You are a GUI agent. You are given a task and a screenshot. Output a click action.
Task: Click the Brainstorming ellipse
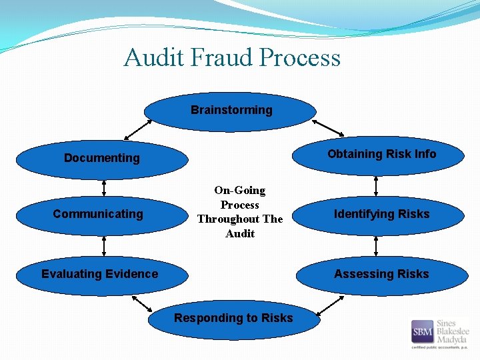231,111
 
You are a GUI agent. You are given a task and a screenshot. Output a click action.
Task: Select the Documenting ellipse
101,159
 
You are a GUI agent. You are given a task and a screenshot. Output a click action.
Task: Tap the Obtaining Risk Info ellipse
381,155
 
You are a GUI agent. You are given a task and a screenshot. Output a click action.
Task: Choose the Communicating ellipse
98,214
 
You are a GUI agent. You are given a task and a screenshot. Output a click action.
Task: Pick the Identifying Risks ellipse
381,214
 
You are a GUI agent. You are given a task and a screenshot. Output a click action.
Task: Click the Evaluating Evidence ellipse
100,274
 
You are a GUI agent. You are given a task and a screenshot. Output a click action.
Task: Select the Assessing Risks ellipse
381,274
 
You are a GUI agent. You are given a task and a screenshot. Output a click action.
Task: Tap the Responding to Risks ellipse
233,319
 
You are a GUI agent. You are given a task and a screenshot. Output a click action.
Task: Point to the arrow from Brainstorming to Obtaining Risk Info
327,127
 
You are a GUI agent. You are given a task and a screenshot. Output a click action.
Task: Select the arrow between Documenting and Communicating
104,187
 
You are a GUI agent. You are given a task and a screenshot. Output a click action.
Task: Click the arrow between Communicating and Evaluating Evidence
104,245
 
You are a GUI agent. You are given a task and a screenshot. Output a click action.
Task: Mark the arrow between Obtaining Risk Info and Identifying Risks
376,185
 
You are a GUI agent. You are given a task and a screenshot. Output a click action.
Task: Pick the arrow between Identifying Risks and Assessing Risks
376,245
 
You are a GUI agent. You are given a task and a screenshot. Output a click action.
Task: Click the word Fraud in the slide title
222,58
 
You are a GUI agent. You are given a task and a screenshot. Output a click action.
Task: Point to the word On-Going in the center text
240,191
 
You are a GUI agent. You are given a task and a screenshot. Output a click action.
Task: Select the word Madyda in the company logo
453,339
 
